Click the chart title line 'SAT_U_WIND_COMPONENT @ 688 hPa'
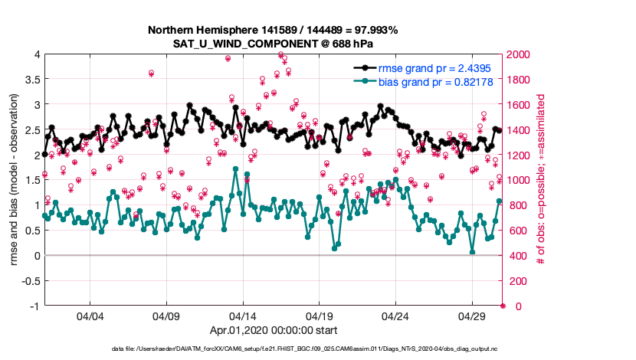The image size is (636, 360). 273,44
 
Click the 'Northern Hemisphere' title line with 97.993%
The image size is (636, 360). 273,30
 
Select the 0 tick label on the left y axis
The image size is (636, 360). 35,255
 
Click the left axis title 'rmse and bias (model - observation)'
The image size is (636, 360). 14,180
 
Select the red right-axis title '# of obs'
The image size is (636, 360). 540,180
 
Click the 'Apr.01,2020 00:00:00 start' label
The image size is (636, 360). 273,330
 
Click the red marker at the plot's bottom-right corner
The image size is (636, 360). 503,306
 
